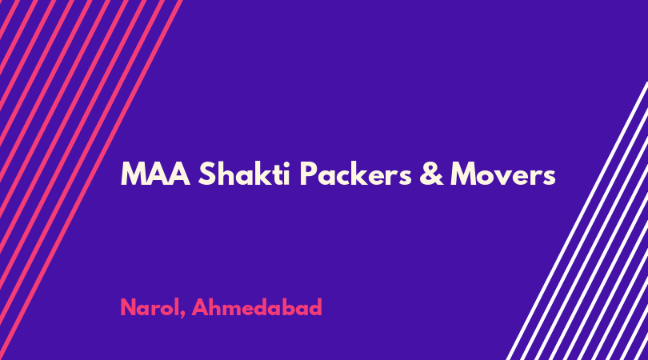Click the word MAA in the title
[155, 174]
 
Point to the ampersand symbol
[431, 174]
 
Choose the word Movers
[503, 174]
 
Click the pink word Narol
[150, 307]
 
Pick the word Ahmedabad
[257, 307]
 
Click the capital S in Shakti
[207, 174]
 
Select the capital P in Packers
[308, 174]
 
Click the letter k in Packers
[362, 173]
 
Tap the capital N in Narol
[129, 307]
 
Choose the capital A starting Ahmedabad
[201, 307]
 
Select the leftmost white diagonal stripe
[577, 221]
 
